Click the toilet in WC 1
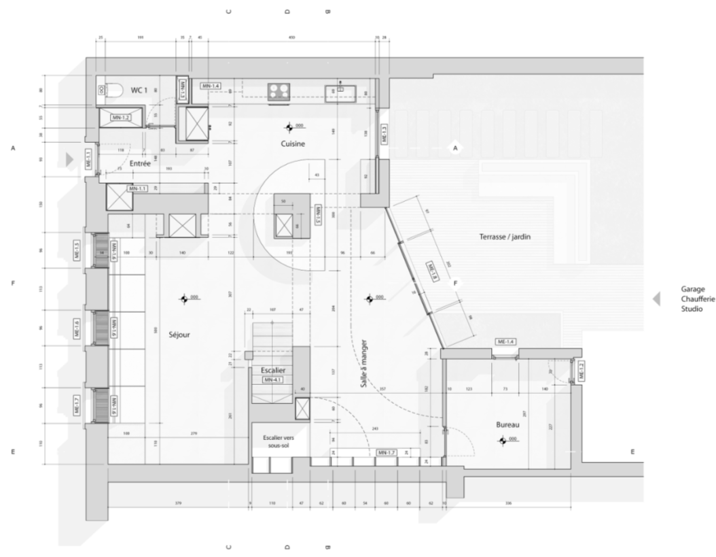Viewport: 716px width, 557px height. pos(110,88)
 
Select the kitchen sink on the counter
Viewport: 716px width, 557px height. pos(339,88)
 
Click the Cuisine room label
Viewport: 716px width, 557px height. pos(293,144)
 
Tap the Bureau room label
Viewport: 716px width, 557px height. pos(507,425)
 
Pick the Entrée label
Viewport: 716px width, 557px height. pos(141,163)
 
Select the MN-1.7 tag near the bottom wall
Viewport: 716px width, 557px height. pos(387,452)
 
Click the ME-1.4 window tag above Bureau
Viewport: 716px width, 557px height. pos(506,341)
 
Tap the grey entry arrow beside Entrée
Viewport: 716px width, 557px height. pos(69,158)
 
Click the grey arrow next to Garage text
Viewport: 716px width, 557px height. pos(657,299)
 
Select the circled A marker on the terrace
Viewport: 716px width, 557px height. pos(456,148)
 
